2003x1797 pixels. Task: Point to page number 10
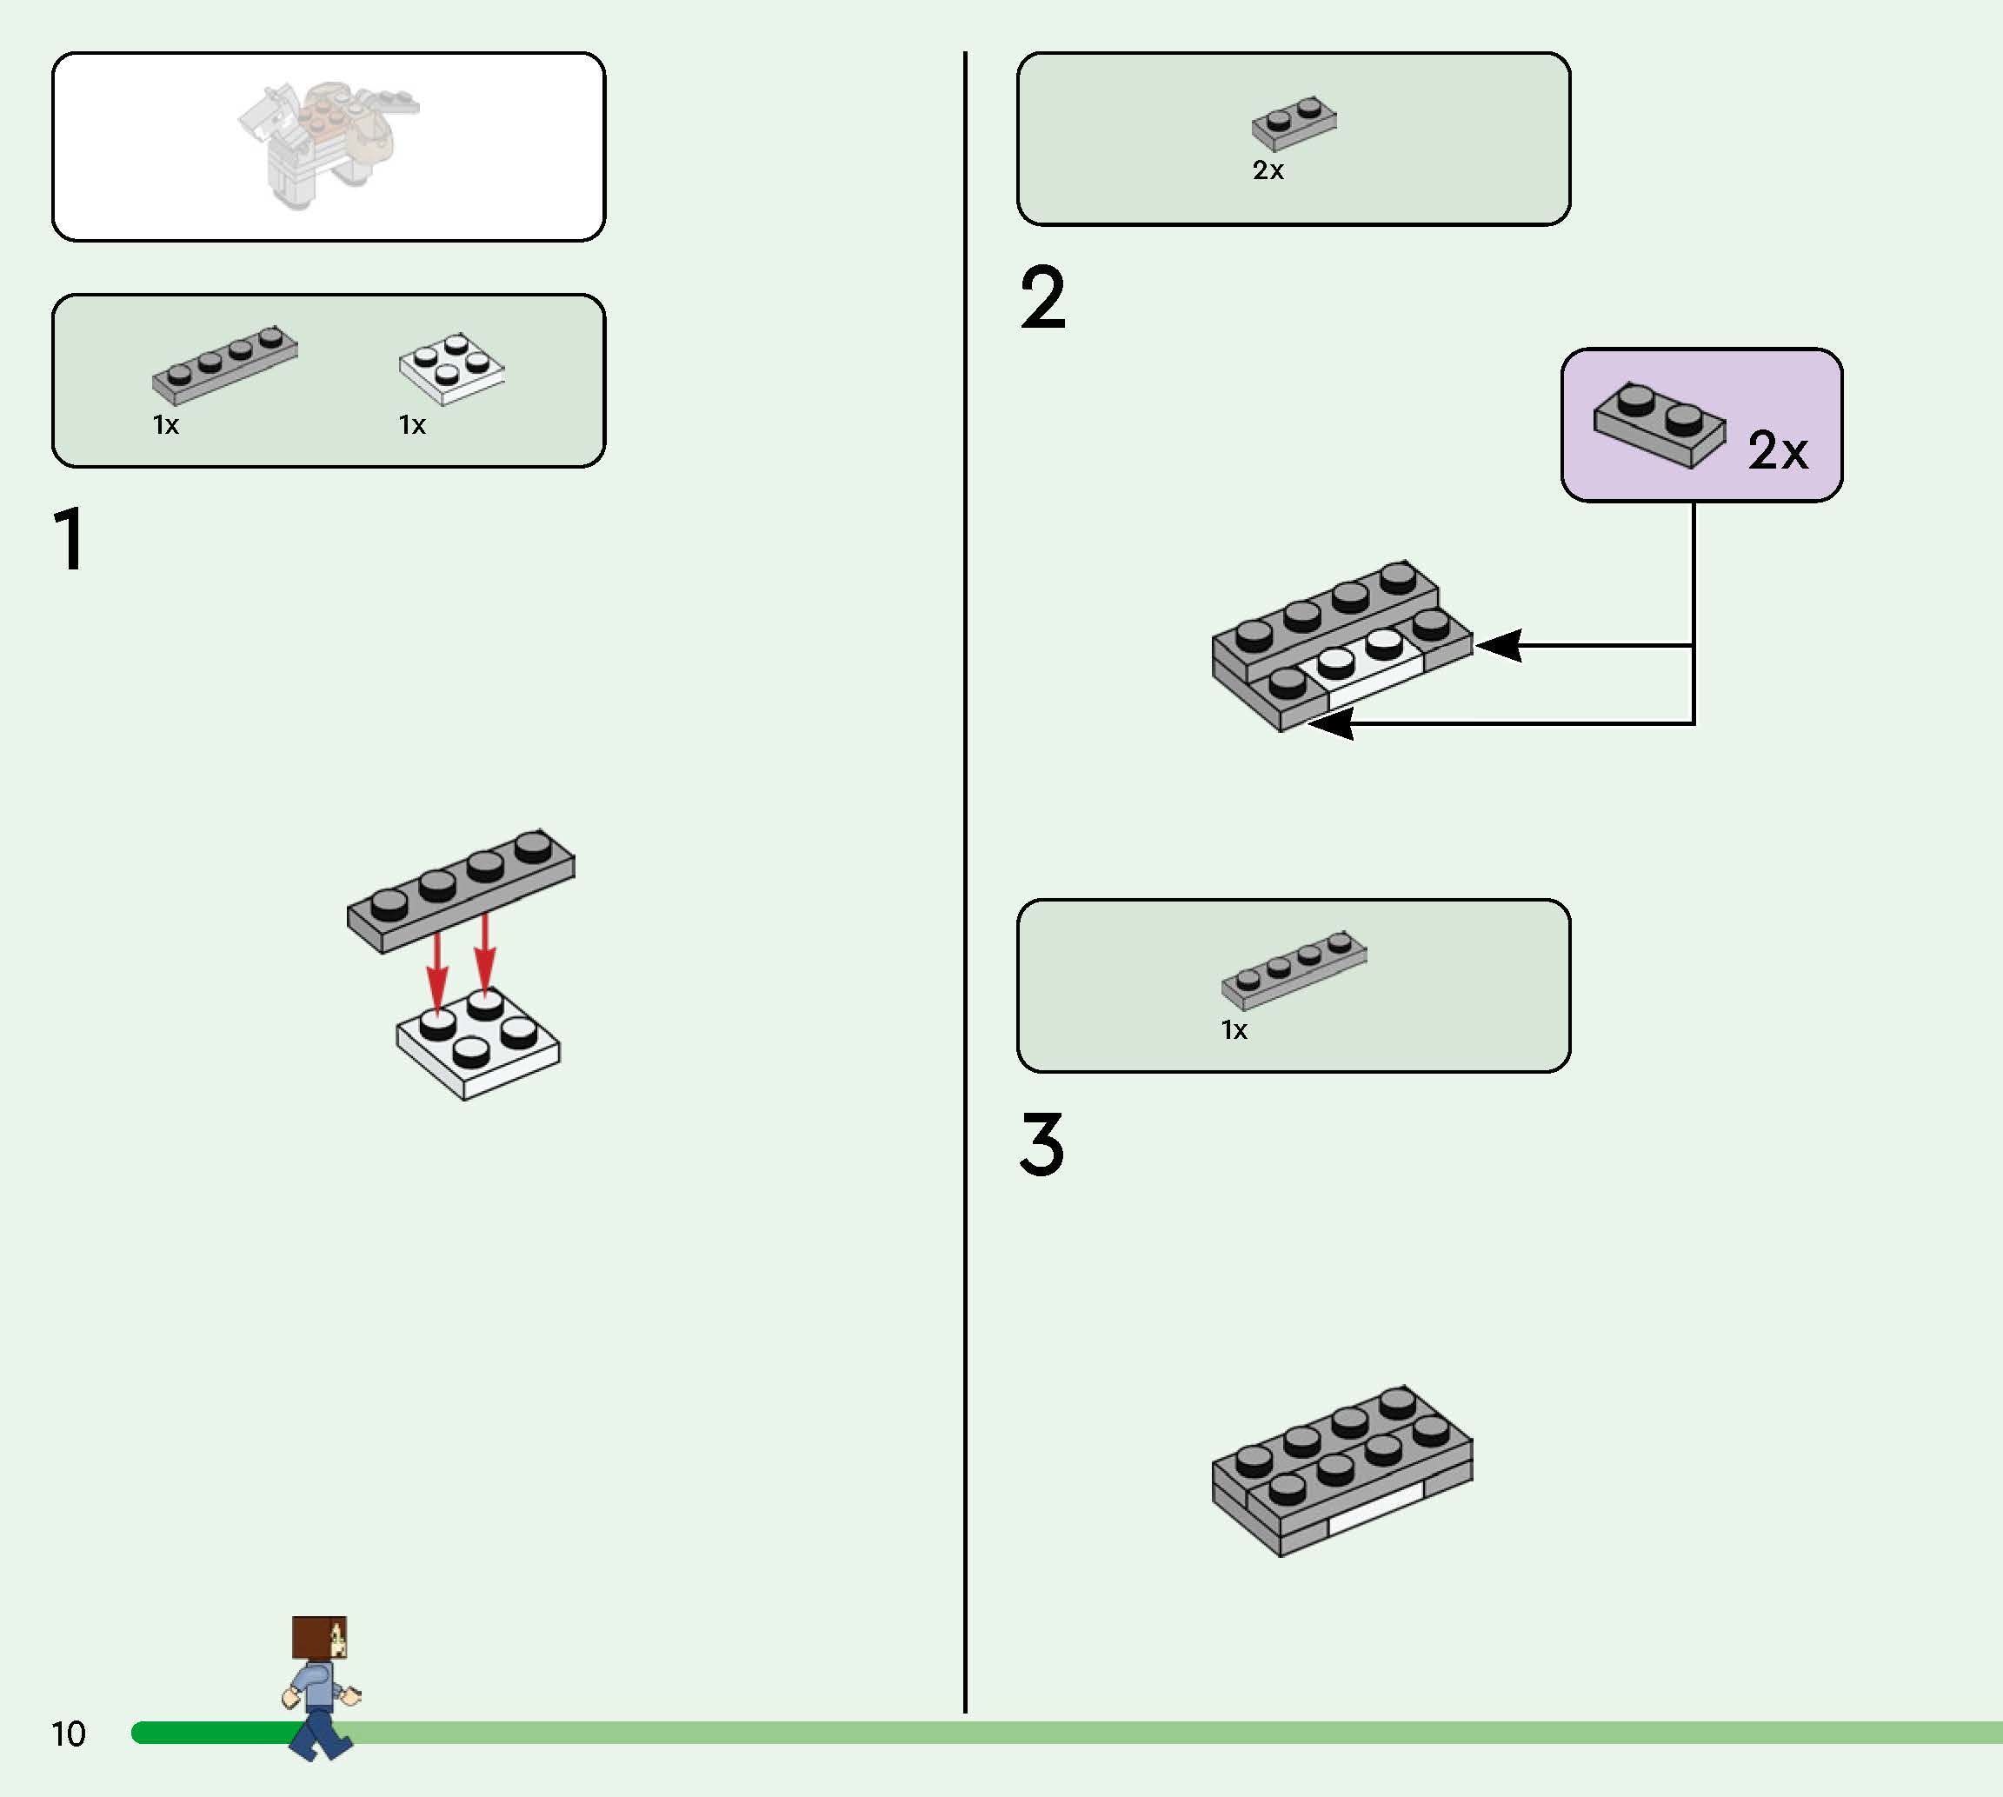pyautogui.click(x=68, y=1734)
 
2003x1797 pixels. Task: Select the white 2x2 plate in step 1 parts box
pyautogui.click(x=451, y=369)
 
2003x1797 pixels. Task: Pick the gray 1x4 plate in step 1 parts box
pyautogui.click(x=225, y=364)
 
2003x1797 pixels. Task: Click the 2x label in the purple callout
pyautogui.click(x=1777, y=451)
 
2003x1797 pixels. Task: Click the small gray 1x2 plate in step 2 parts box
pyautogui.click(x=1294, y=123)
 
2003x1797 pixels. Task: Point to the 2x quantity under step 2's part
pyautogui.click(x=1268, y=170)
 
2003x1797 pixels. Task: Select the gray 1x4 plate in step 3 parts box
pyautogui.click(x=1294, y=970)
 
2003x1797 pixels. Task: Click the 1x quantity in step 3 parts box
pyautogui.click(x=1234, y=1030)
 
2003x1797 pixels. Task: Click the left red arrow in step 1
pyautogui.click(x=436, y=973)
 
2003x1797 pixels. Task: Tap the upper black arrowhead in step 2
pyautogui.click(x=1499, y=646)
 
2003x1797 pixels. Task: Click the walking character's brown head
pyautogui.click(x=319, y=1637)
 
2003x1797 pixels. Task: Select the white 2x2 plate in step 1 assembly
pyautogui.click(x=478, y=1043)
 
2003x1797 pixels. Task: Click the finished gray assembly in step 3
pyautogui.click(x=1342, y=1471)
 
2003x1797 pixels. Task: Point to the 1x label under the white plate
pyautogui.click(x=412, y=424)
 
